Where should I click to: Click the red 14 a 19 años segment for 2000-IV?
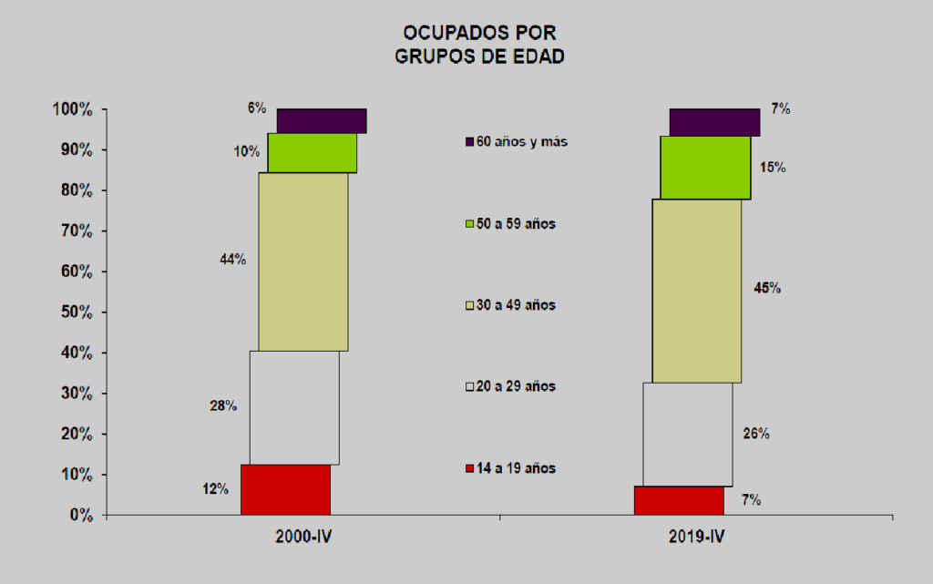coord(285,489)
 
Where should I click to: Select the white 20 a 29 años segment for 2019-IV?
coord(687,434)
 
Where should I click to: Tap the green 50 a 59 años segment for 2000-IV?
coord(312,152)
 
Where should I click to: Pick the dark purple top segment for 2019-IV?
coord(714,122)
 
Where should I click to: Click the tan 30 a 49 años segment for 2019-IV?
coord(696,290)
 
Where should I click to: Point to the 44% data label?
coord(232,260)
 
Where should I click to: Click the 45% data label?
coord(767,288)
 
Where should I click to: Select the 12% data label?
coord(215,489)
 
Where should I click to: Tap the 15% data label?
coord(773,168)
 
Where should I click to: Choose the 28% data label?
coord(223,406)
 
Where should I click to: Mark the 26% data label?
coord(756,434)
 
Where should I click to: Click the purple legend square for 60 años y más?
coord(470,142)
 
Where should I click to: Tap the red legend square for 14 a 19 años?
coord(470,468)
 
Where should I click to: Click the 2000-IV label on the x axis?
coord(302,538)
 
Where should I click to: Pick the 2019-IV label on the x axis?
coord(696,538)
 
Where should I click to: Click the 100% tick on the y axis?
coord(74,110)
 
